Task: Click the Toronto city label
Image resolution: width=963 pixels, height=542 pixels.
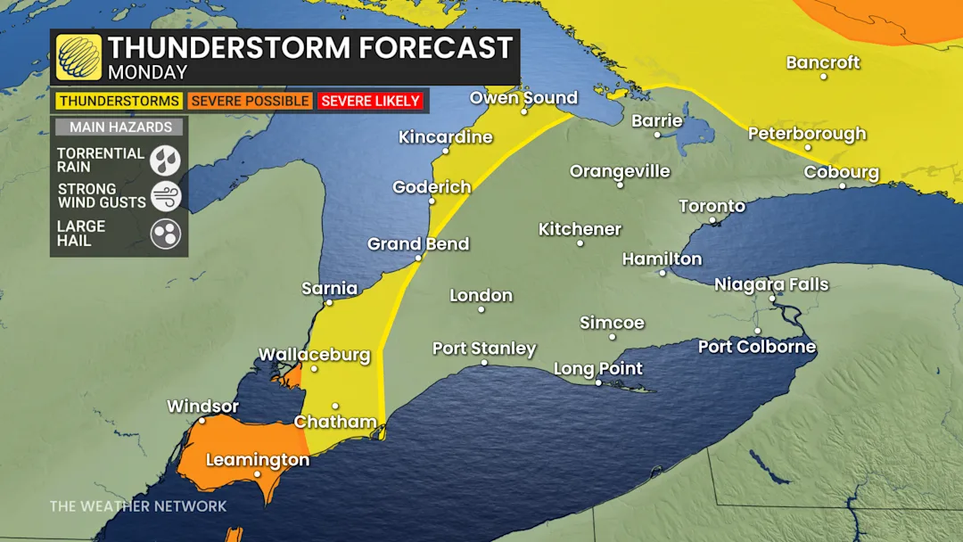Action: click(x=712, y=206)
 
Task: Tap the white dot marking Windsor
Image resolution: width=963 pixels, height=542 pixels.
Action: click(x=202, y=421)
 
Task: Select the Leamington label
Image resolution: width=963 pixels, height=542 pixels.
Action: click(x=257, y=460)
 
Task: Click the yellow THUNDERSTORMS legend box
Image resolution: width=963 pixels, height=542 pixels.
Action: click(x=119, y=101)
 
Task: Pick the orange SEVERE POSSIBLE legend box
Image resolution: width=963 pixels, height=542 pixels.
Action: click(x=250, y=101)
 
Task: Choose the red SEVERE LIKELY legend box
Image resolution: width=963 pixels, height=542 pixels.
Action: click(x=370, y=101)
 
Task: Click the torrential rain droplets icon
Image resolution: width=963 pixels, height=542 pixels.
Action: click(x=166, y=160)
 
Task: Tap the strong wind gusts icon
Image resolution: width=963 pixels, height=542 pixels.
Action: click(x=166, y=196)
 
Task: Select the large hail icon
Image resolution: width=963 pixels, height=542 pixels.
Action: click(x=166, y=234)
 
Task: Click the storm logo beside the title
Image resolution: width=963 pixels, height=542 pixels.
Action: click(x=79, y=57)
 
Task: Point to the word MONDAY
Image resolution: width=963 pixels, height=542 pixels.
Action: click(x=147, y=73)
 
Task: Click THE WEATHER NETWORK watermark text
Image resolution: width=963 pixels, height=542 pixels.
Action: click(x=138, y=506)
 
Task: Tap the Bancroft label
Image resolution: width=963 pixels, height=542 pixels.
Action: click(x=823, y=62)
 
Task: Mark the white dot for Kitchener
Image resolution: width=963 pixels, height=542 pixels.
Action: click(x=580, y=243)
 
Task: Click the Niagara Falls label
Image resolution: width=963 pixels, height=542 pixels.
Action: click(x=771, y=284)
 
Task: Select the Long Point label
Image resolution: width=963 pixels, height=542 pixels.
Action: click(x=598, y=368)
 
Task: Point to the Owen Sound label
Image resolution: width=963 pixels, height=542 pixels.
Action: click(x=523, y=97)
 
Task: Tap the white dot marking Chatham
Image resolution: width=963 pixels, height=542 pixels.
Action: click(x=335, y=406)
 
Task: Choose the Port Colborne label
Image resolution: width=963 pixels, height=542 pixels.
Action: click(x=756, y=347)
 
